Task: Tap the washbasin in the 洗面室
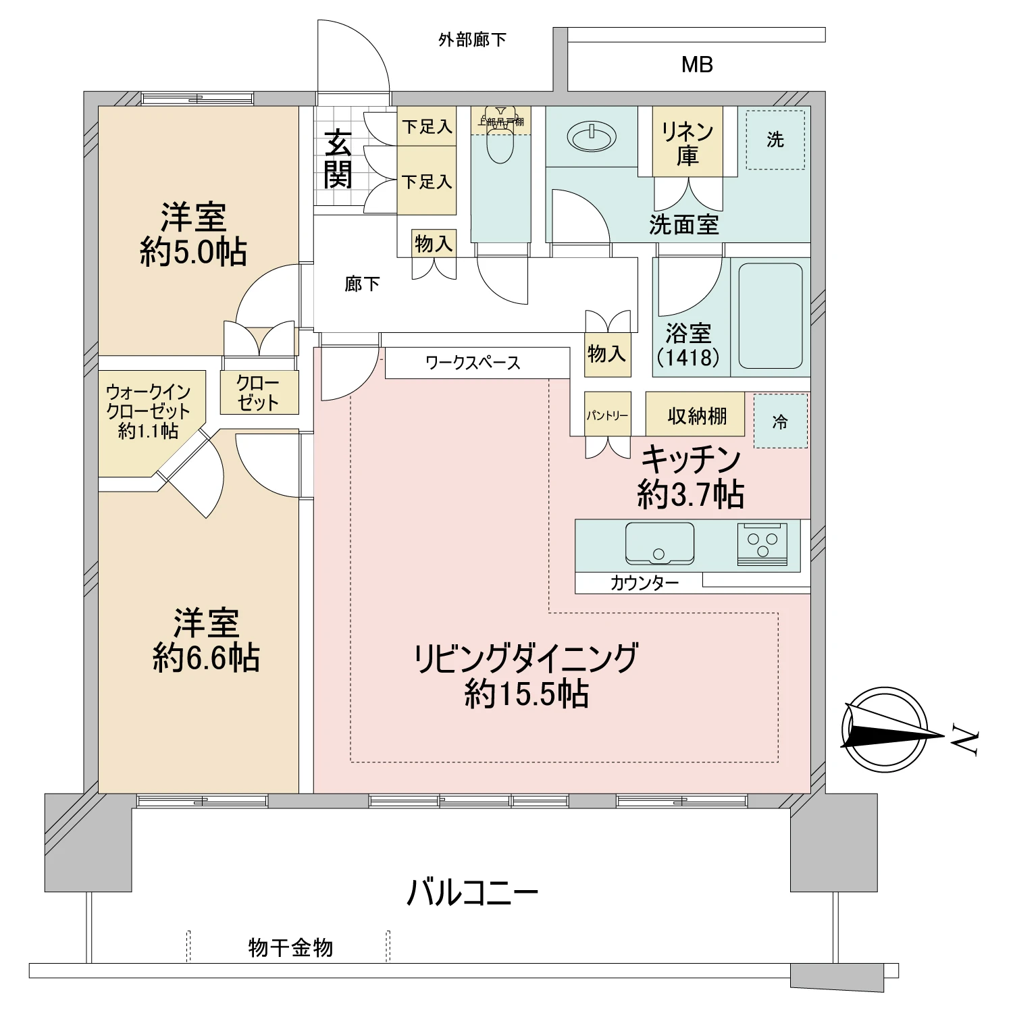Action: tap(592, 137)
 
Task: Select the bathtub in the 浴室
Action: tap(770, 315)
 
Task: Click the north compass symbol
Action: tap(885, 729)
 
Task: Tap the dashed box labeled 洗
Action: tap(775, 140)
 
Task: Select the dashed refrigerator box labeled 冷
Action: tap(780, 422)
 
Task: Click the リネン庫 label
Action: tap(687, 142)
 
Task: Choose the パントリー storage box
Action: tap(607, 415)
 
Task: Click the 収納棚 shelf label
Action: tap(696, 415)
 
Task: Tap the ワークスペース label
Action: tap(473, 363)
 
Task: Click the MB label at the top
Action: tap(697, 65)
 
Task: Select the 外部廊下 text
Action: tap(472, 40)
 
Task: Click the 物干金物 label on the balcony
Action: tap(290, 947)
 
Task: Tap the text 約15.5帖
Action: tap(526, 694)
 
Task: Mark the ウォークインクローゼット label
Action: tap(149, 411)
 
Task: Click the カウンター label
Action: tap(644, 583)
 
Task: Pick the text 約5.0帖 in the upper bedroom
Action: tap(193, 253)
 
